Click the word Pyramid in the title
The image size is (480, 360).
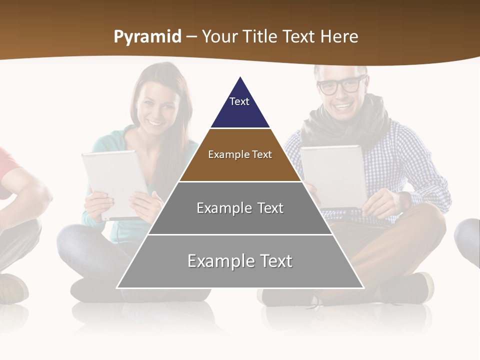coord(147,37)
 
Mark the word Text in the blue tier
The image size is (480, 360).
coord(239,101)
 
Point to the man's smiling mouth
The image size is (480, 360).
coord(344,106)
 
